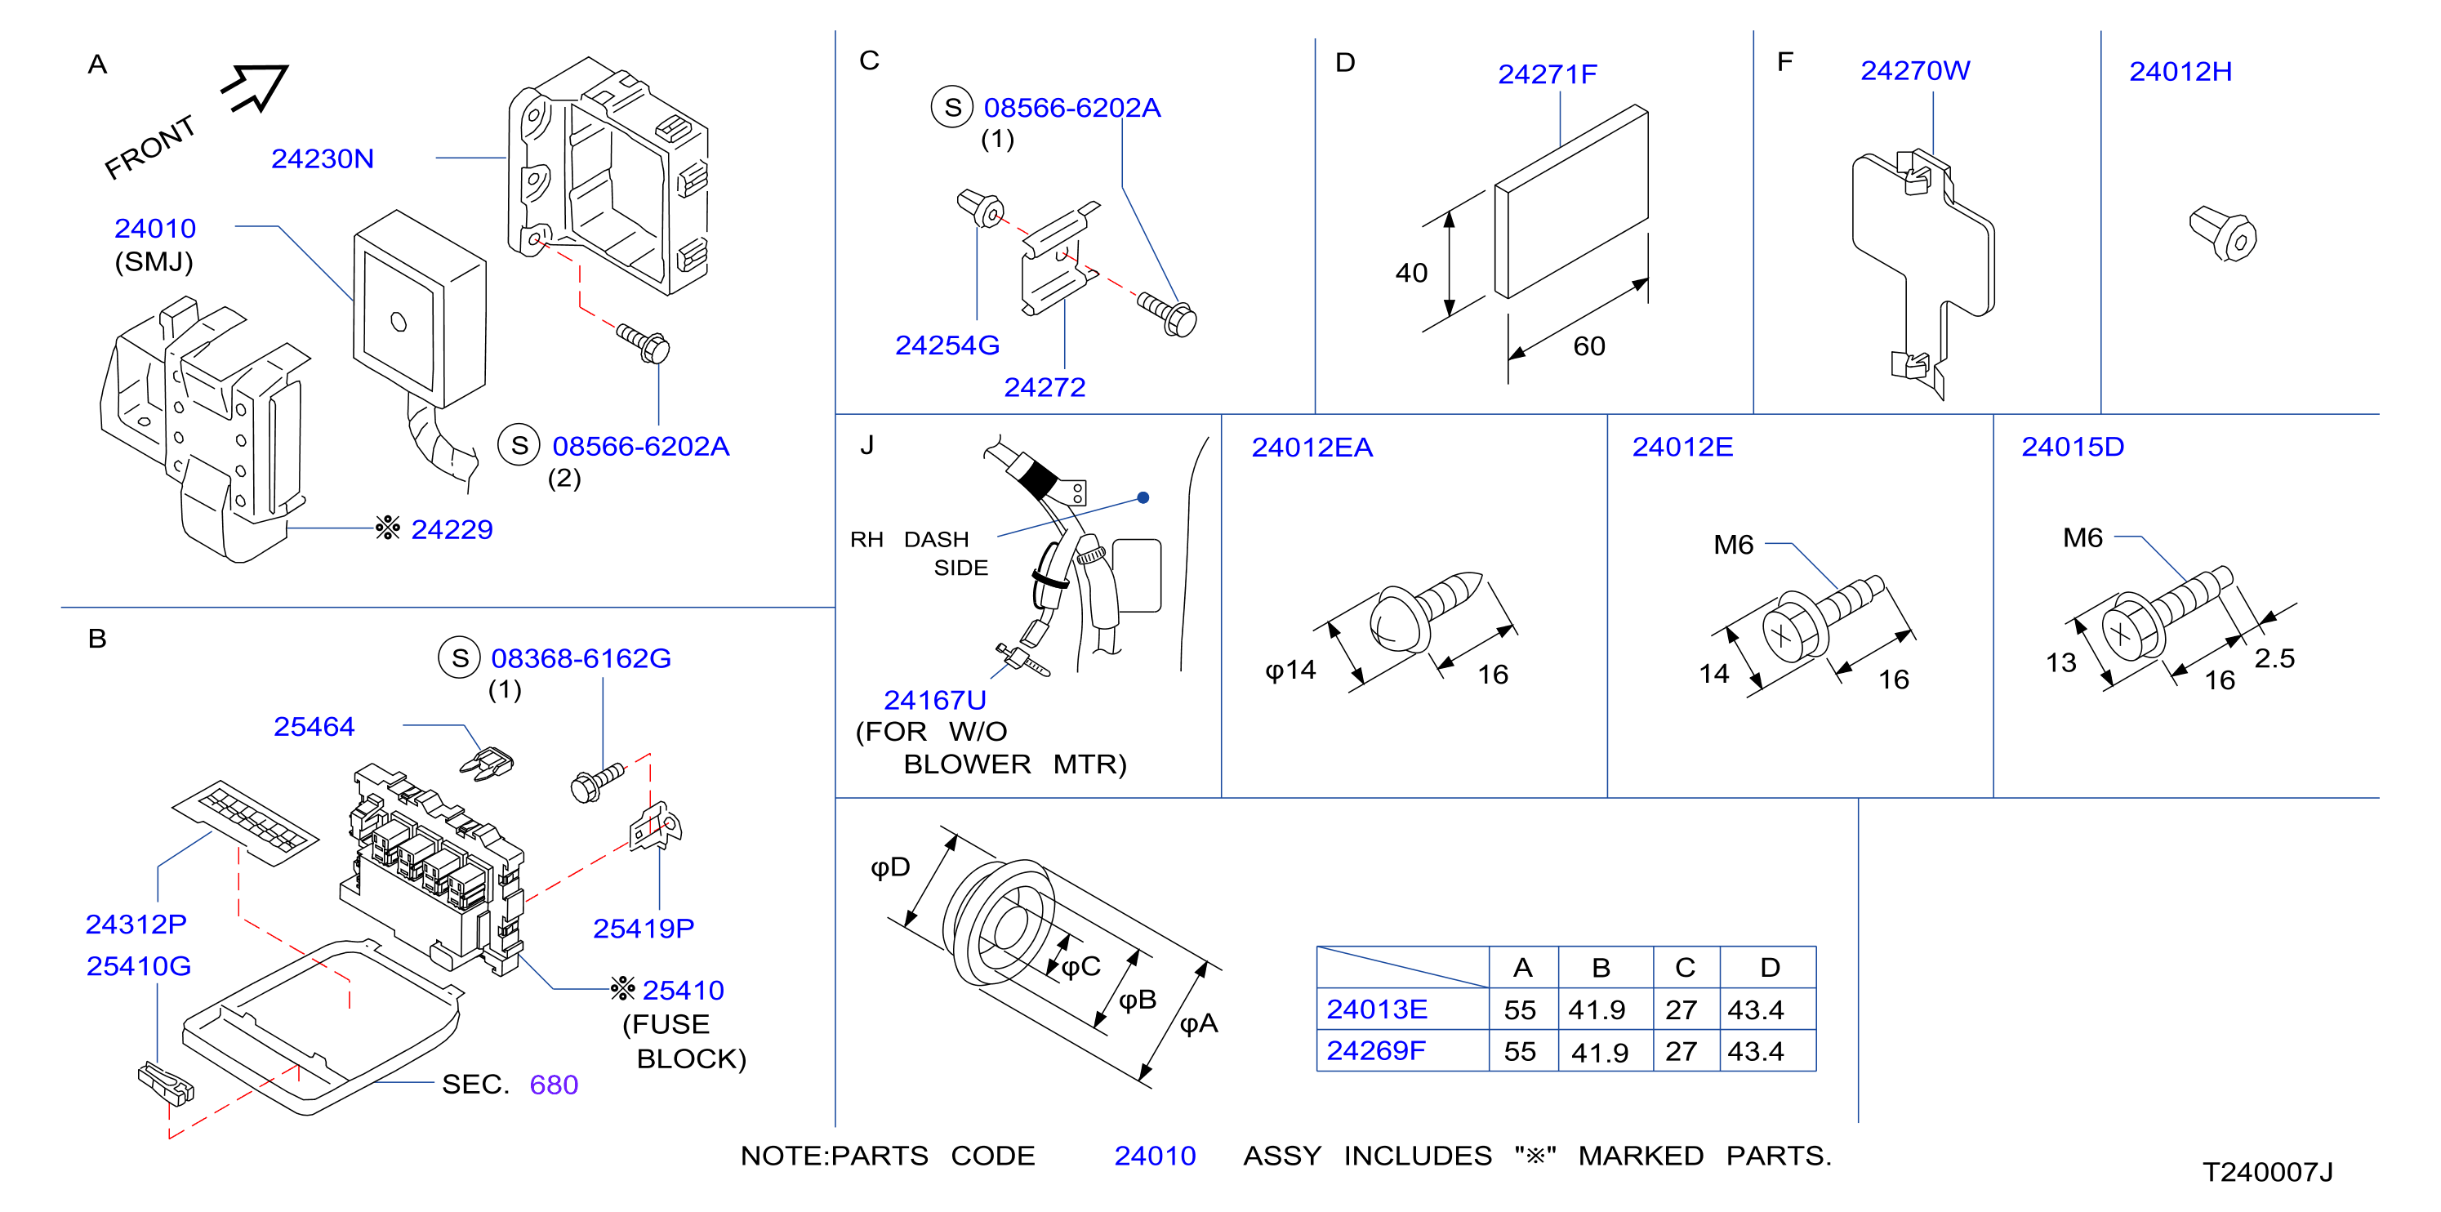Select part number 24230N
[323, 158]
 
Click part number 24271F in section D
[1548, 74]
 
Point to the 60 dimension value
[1589, 346]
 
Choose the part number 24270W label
[1915, 70]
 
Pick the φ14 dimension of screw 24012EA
[1290, 670]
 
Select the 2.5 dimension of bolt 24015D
[2274, 657]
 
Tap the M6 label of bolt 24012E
[1733, 545]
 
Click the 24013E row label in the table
[1376, 1009]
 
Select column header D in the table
[1769, 968]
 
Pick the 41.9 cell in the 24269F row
[1600, 1052]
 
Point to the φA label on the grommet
[1199, 1023]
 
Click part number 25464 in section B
[314, 726]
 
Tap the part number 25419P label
[644, 929]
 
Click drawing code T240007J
[2268, 1172]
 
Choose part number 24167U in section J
[934, 699]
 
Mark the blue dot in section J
[1143, 497]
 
